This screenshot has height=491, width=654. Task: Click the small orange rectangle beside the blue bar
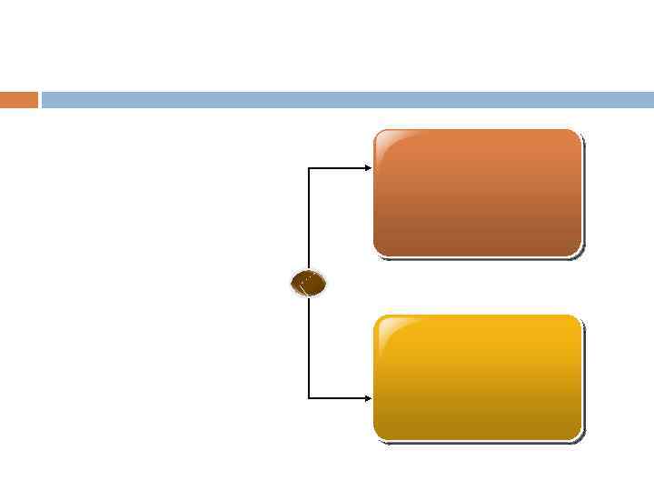point(19,100)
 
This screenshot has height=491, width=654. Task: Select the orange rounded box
point(477,193)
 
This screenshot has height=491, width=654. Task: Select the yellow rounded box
point(477,377)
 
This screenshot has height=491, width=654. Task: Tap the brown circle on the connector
point(308,284)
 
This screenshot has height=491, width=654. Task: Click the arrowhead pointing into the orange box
point(368,168)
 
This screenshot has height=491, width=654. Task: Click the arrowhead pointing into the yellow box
point(368,397)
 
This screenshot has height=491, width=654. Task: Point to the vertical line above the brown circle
point(309,218)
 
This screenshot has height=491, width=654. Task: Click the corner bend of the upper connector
point(309,168)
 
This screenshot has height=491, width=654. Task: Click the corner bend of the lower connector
point(309,397)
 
